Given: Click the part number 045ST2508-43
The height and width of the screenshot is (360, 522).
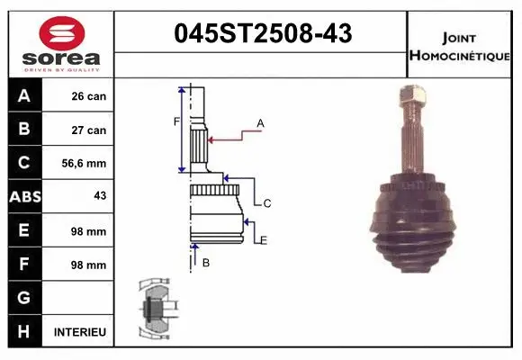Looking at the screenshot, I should (262, 34).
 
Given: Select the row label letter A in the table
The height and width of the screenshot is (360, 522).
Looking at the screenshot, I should (24, 96).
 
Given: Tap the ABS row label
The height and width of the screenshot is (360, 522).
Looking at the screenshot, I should (24, 197).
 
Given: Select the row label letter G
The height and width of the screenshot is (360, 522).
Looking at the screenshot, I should (24, 298).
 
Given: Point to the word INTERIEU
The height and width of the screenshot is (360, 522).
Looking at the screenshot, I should (80, 332).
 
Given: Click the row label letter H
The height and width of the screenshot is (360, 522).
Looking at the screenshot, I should (24, 332).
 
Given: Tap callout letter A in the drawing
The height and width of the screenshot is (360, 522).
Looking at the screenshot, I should (260, 122).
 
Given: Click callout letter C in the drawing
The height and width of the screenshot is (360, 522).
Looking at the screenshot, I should (267, 204).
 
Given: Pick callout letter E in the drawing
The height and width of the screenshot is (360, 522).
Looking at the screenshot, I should (264, 238).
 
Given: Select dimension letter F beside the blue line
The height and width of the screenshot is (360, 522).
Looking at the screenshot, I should (176, 121).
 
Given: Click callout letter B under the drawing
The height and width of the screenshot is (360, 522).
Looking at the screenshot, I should (205, 262).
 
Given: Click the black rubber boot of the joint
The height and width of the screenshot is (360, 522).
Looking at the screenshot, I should (414, 225).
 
